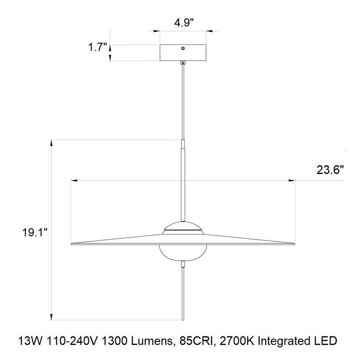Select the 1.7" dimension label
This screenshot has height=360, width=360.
click(x=97, y=47)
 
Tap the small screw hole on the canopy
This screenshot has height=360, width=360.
click(x=182, y=48)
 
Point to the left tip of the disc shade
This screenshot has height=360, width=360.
click(x=72, y=243)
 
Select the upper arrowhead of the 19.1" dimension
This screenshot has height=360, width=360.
click(x=52, y=143)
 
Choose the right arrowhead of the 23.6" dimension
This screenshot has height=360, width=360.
click(x=291, y=181)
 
